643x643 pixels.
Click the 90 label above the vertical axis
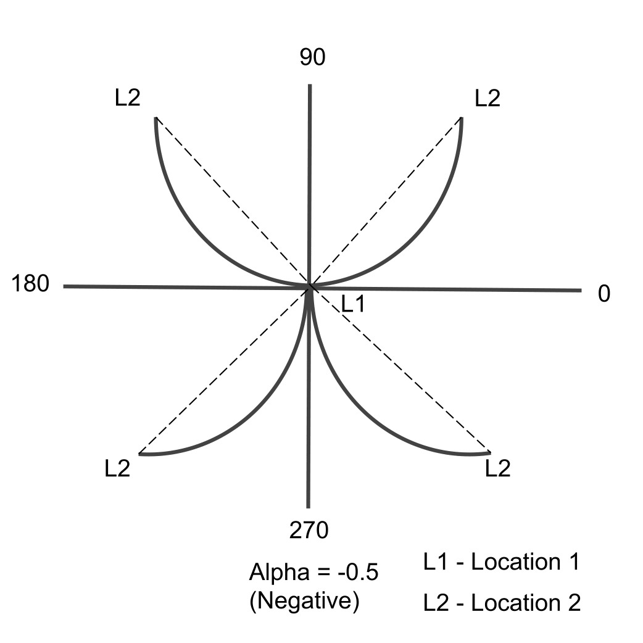312,57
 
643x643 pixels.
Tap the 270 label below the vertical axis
309,529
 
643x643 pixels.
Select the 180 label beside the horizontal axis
30,285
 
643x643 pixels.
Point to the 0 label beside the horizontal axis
604,294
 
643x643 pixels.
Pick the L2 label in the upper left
128,99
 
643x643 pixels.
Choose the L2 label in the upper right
487,99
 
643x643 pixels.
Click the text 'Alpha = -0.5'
313,573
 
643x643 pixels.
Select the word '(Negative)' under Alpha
304,600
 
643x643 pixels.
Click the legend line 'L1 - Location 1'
501,562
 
